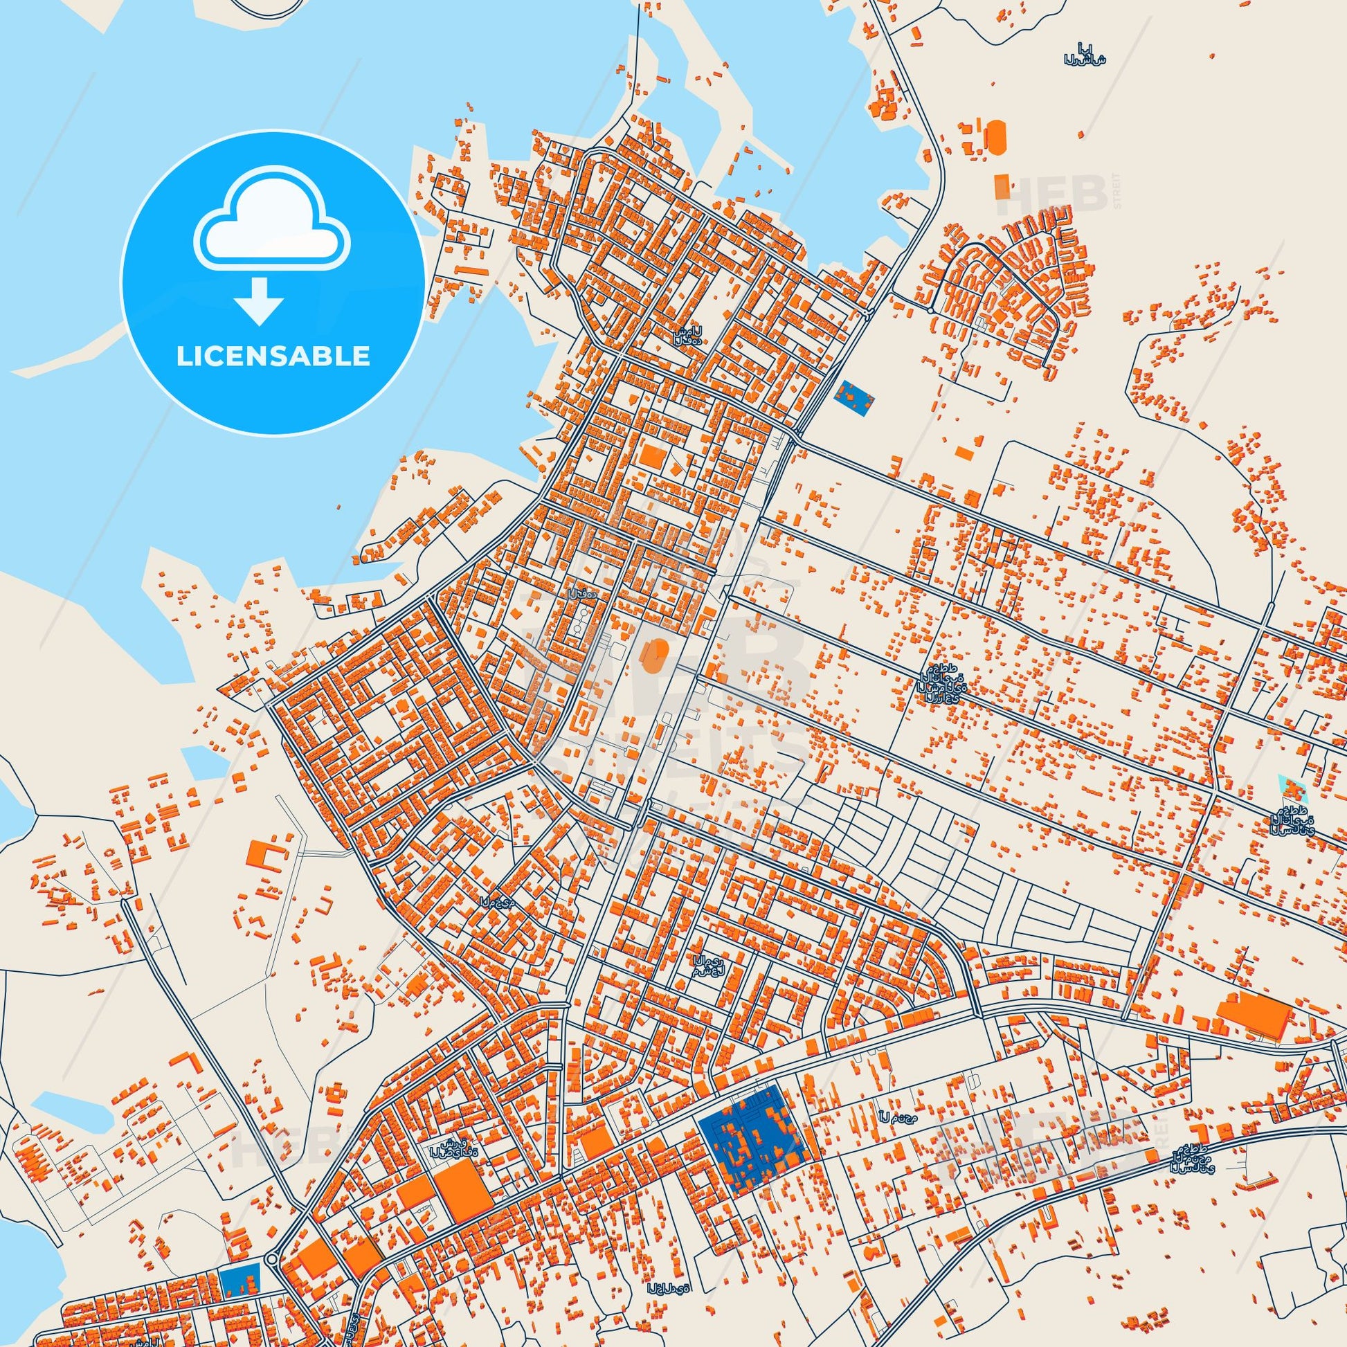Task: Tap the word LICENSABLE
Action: (x=273, y=356)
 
